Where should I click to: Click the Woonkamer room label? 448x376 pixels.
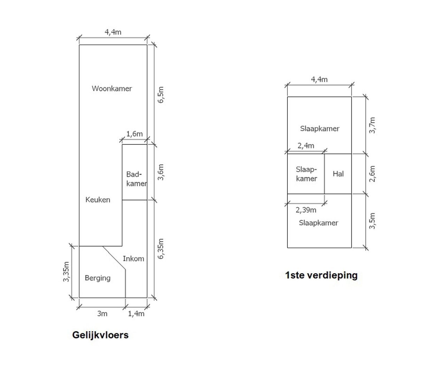click(112, 88)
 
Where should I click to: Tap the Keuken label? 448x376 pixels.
click(98, 200)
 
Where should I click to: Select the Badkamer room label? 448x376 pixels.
click(136, 179)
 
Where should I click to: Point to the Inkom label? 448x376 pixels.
click(133, 259)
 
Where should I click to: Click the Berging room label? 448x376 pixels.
click(98, 278)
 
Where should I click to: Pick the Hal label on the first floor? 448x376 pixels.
click(338, 174)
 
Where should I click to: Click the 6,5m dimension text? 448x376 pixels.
click(161, 94)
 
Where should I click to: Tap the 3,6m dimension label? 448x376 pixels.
click(161, 172)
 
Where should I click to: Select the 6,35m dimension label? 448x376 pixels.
click(161, 249)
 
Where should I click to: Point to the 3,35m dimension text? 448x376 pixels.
click(67, 272)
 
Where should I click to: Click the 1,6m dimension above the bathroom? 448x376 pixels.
click(134, 134)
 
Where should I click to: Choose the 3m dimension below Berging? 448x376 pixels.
click(102, 314)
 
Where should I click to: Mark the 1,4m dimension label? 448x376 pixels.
click(136, 314)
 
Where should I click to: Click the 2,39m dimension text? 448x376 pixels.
click(306, 210)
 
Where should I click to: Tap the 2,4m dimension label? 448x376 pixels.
click(306, 146)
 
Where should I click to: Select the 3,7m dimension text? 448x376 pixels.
click(372, 125)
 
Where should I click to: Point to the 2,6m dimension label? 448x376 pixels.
click(372, 174)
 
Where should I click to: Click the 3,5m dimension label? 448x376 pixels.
click(372, 221)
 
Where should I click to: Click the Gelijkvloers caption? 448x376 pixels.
click(100, 335)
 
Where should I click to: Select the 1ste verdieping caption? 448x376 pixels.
click(321, 275)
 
